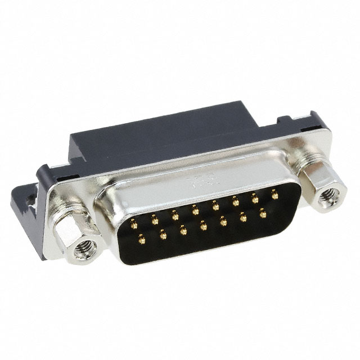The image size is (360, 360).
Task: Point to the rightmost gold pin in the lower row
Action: (x=262, y=213)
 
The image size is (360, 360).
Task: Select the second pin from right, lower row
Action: (x=243, y=217)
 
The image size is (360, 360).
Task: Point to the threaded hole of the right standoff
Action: (x=327, y=198)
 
